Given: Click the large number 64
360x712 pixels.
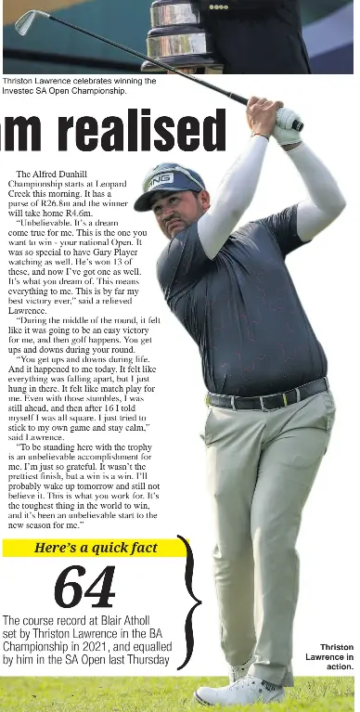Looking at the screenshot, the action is pos(84,587).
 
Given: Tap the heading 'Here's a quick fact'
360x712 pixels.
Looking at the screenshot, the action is pos(96,548).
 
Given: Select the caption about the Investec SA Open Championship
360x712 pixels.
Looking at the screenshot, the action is pos(78,86).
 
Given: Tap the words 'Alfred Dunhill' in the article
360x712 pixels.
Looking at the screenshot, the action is pos(72,175).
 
